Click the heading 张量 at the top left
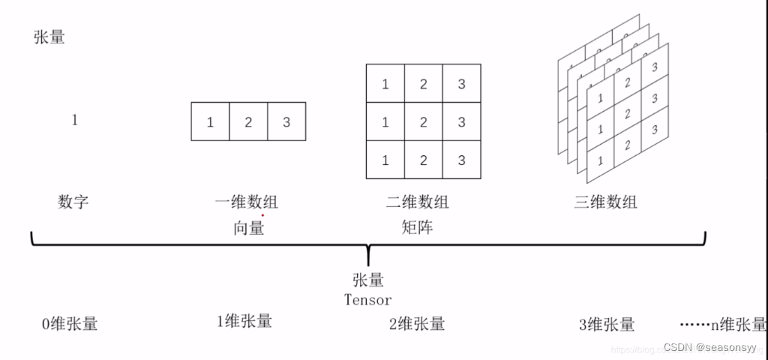tap(49, 37)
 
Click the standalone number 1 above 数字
tap(74, 120)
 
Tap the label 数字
tap(73, 201)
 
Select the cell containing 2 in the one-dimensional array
tap(248, 122)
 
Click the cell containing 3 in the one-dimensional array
tap(286, 122)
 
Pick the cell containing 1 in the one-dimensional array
tap(210, 122)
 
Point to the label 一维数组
tap(246, 201)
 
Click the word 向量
tap(248, 228)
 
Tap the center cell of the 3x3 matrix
tap(424, 121)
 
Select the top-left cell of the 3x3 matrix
tap(385, 83)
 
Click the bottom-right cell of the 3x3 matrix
tap(462, 160)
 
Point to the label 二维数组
tap(422, 201)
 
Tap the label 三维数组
tap(604, 201)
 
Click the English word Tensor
tap(367, 300)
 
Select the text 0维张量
tap(70, 324)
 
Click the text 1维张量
tap(244, 321)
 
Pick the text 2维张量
tap(417, 324)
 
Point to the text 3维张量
tap(607, 324)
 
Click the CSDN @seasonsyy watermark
tap(711, 348)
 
